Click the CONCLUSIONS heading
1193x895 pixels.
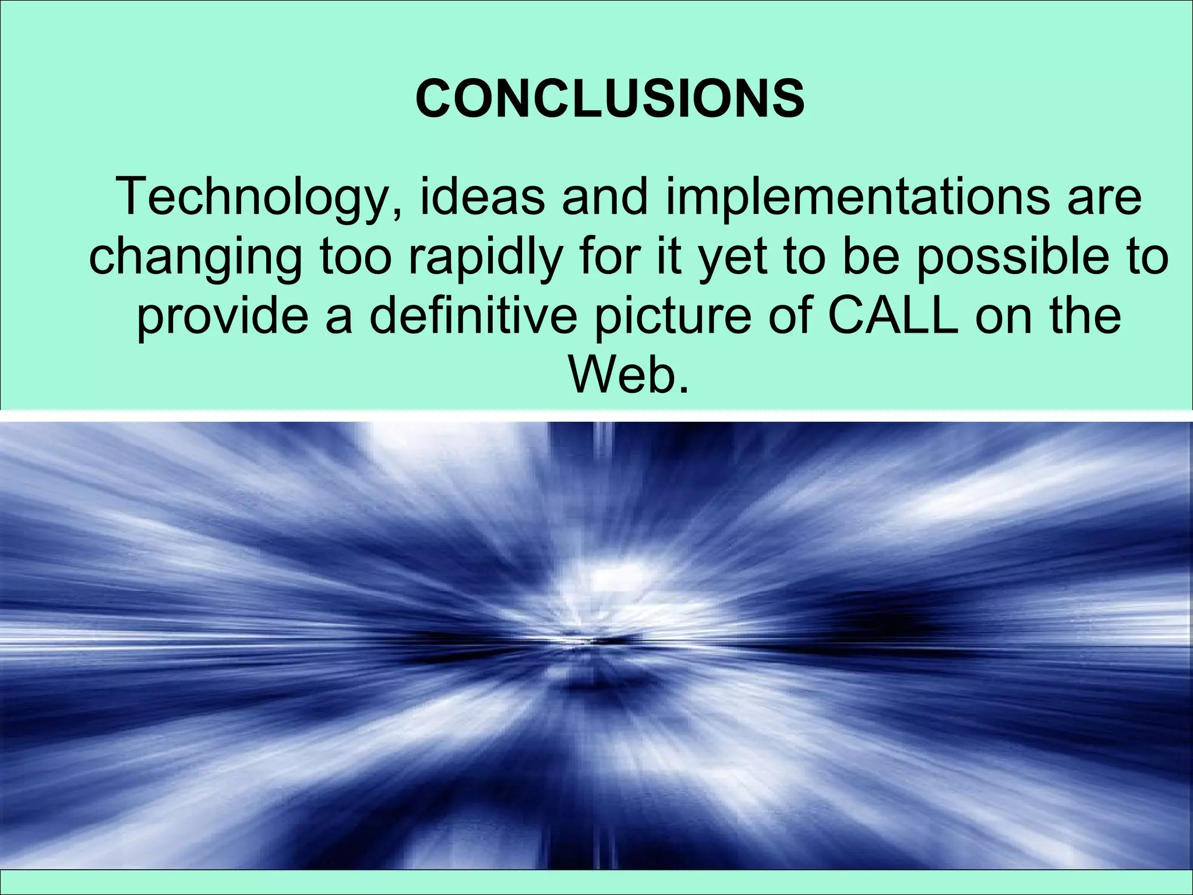[x=610, y=99]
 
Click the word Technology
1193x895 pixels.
[x=252, y=198]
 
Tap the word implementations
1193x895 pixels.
[x=856, y=198]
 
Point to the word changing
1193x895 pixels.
[x=195, y=258]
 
